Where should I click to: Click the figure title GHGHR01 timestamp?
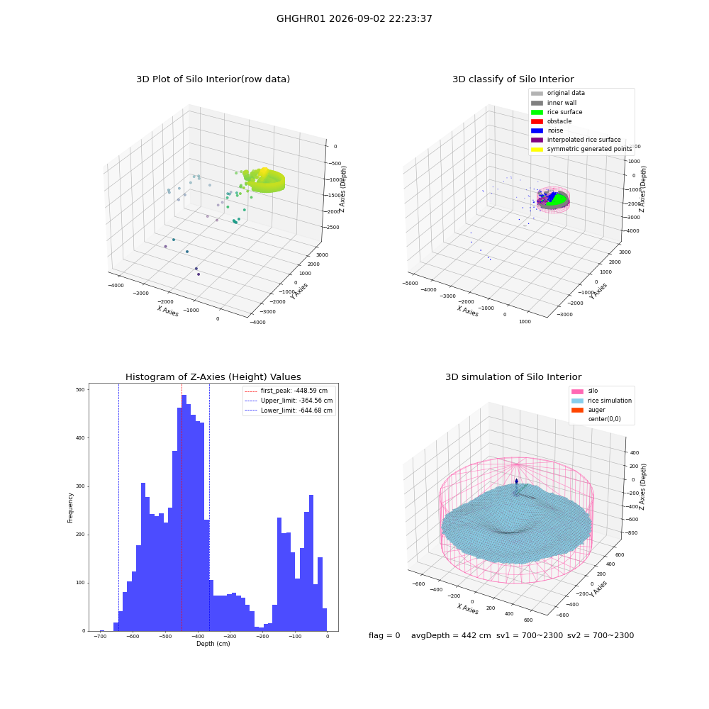(354, 18)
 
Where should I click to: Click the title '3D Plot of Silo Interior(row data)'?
(213, 79)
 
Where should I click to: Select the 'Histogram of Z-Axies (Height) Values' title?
(213, 377)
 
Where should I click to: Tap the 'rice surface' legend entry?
(557, 112)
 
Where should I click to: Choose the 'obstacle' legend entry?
(551, 121)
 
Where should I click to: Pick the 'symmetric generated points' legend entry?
(581, 149)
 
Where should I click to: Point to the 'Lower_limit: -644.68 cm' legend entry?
(289, 411)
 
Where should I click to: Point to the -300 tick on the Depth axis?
(230, 637)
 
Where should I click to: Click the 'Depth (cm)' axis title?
(213, 644)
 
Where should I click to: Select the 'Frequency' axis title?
(70, 508)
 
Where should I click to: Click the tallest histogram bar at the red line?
(184, 513)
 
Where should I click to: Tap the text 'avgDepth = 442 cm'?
(451, 636)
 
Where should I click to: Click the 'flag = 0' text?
(384, 636)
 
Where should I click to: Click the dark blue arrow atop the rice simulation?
(516, 481)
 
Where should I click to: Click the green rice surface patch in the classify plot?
(557, 199)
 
